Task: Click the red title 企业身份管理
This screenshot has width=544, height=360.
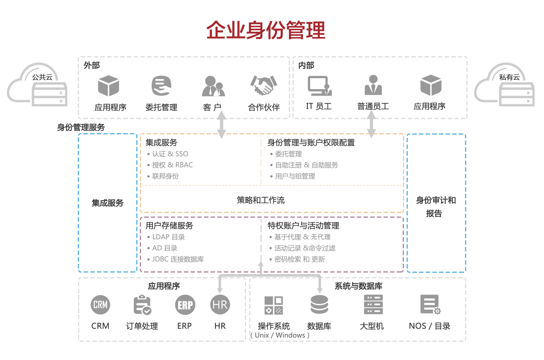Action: click(266, 30)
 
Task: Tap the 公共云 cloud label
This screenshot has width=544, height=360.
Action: click(42, 77)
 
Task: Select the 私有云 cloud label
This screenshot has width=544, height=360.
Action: click(509, 77)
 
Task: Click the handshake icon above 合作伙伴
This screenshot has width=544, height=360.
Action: click(263, 85)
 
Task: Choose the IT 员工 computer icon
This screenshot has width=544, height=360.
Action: click(319, 86)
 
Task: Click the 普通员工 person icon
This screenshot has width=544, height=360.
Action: click(373, 85)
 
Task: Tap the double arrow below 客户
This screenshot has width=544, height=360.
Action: click(221, 125)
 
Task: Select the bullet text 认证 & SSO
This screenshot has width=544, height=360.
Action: click(170, 154)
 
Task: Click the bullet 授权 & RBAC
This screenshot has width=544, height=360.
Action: click(172, 165)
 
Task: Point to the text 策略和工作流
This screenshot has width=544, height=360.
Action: click(261, 200)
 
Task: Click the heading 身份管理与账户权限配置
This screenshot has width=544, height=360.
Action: click(311, 143)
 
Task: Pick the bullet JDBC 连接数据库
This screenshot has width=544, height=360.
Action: click(178, 259)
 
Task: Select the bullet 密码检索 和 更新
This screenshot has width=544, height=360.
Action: click(299, 259)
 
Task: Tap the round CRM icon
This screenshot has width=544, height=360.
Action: click(100, 305)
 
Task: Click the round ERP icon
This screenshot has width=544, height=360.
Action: click(185, 305)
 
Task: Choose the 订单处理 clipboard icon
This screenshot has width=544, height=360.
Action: click(142, 305)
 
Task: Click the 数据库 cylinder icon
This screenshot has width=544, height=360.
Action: click(319, 304)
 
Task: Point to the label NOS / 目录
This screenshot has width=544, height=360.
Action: click(429, 326)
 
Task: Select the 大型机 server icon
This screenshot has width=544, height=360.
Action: click(373, 304)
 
